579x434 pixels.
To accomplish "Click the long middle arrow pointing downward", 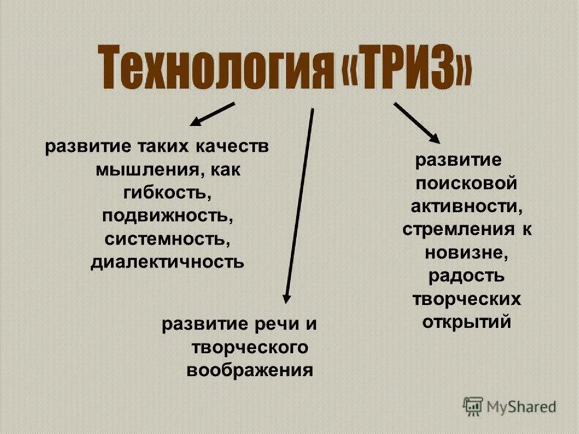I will [x=300, y=205].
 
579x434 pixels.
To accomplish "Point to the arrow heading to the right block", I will [x=417, y=123].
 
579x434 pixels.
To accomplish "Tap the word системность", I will [x=168, y=239].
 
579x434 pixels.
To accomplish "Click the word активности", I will [x=466, y=207].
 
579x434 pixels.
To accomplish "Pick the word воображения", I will [x=250, y=370].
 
